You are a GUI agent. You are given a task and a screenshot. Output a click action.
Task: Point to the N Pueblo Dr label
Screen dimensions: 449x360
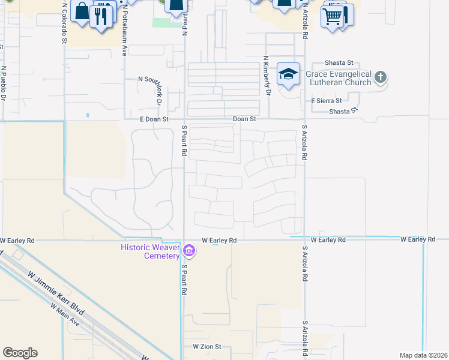(4, 83)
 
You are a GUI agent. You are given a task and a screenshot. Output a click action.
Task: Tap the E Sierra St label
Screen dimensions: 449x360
(326, 101)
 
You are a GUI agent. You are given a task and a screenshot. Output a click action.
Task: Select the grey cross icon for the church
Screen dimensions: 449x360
(380, 77)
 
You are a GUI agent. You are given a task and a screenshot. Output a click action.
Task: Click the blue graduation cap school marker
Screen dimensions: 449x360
(288, 74)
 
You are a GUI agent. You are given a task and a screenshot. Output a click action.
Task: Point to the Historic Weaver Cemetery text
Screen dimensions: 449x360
(150, 251)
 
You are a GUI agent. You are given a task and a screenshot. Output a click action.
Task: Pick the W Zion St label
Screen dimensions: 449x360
(207, 347)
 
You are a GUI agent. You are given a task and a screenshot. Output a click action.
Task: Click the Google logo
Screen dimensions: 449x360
(20, 353)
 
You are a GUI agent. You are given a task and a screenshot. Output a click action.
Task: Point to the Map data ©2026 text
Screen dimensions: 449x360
(424, 355)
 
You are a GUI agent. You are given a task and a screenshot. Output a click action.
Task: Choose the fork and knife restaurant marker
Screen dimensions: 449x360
(102, 16)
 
